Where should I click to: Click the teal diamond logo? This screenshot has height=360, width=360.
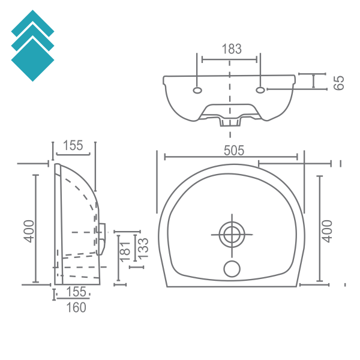click(32, 46)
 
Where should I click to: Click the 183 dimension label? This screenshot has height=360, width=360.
click(232, 49)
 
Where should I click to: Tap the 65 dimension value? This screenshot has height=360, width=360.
click(339, 83)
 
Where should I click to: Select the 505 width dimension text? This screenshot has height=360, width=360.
click(234, 151)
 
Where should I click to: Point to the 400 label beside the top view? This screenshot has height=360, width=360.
click(327, 231)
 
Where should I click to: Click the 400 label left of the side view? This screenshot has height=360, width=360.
click(29, 231)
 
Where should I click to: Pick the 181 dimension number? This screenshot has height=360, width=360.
click(125, 251)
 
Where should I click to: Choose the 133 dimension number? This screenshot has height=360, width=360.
click(143, 248)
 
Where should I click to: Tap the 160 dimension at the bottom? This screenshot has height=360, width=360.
click(76, 307)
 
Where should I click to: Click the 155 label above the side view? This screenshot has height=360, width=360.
click(73, 145)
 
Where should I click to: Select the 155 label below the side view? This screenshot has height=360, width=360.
click(76, 292)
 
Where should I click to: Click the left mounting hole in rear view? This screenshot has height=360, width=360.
click(197, 90)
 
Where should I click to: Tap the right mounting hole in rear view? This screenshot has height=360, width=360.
click(260, 90)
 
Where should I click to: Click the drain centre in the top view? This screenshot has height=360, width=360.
click(232, 235)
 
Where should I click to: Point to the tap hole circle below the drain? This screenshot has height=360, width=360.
click(232, 269)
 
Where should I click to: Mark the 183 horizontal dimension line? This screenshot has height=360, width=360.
click(229, 59)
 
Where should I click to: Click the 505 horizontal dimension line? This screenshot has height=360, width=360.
click(231, 157)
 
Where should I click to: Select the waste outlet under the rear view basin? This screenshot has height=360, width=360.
click(230, 122)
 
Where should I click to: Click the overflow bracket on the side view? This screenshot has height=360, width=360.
click(101, 239)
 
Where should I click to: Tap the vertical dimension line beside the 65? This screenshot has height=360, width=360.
click(314, 81)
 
